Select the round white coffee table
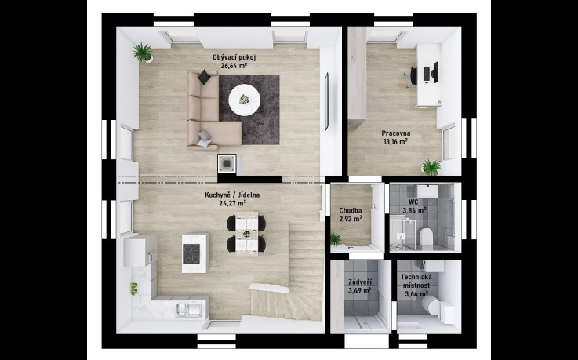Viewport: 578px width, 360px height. coord(245,100)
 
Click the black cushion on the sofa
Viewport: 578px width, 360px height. coord(204,78)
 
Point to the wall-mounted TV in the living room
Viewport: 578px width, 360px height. coord(326,101)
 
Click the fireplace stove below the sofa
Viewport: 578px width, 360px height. coord(227,163)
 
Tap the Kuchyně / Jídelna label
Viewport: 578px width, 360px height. coord(232,195)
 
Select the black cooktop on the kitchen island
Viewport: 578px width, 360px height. coord(191,253)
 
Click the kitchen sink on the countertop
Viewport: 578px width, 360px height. coord(188,309)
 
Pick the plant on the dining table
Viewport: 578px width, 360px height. coord(246,234)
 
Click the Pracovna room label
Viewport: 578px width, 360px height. coord(396,133)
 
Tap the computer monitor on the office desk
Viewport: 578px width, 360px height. coord(435,72)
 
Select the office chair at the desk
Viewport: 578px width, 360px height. coord(413,75)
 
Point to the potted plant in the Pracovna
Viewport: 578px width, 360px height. coord(431,167)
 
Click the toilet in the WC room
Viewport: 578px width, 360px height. coord(427,237)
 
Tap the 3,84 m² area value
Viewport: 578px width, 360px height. coord(414,210)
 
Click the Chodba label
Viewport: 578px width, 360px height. coord(351,211)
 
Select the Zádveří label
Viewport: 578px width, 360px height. coord(360,282)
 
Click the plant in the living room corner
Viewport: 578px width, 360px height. coord(143,53)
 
